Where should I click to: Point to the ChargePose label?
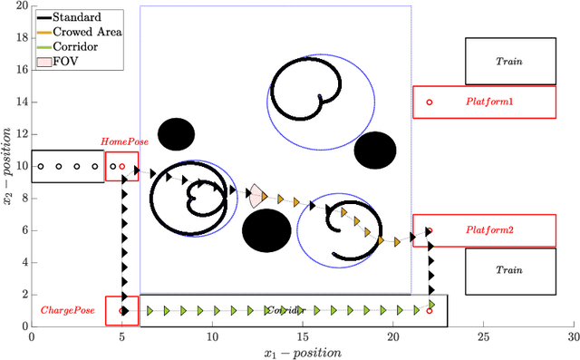62,310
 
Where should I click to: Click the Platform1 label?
489,102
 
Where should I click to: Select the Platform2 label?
489,230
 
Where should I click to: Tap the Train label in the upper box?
509,62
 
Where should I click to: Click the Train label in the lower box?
509,270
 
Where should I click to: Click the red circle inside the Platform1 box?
430,102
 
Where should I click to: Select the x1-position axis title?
302,352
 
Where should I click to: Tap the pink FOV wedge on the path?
256,195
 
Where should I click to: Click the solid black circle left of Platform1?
374,150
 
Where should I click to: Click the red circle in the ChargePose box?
122,311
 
